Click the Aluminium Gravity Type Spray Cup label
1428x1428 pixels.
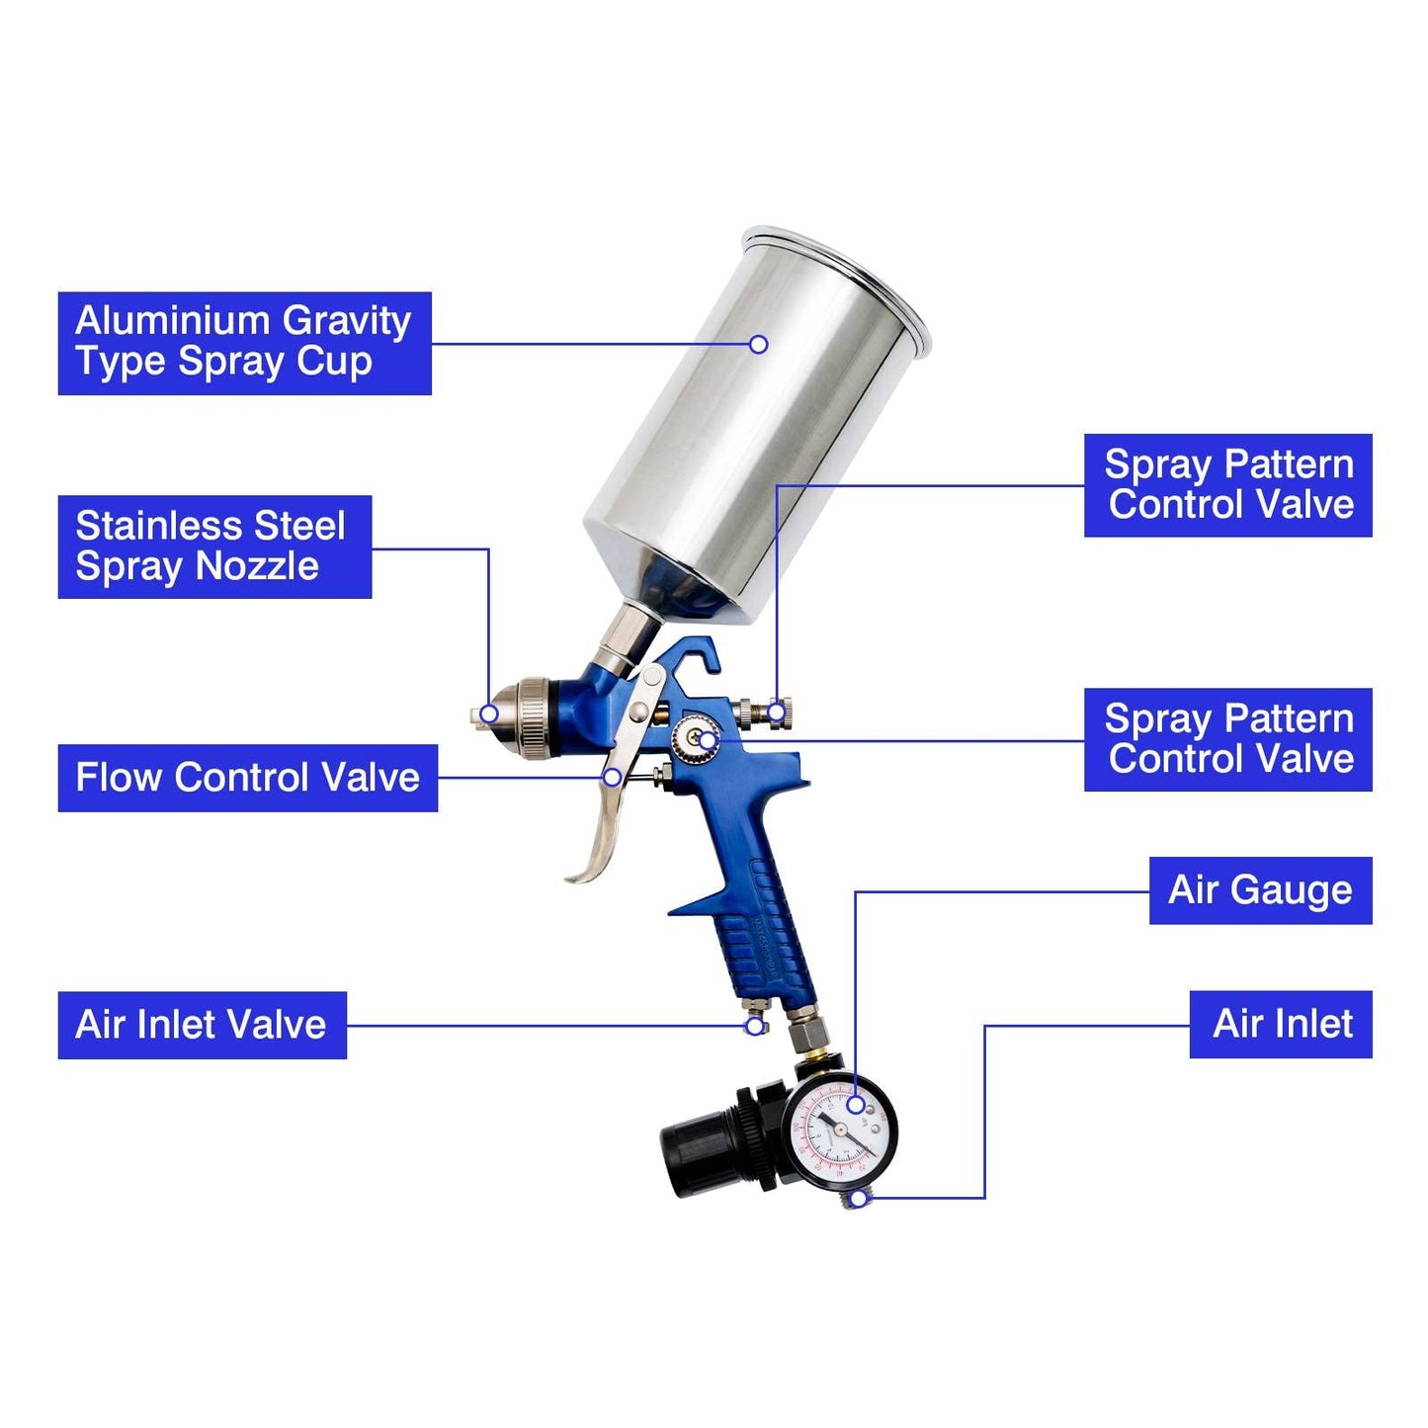click(x=244, y=343)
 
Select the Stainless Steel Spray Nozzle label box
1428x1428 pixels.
click(x=214, y=546)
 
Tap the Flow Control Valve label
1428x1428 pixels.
click(x=247, y=778)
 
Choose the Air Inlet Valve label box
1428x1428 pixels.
click(x=202, y=1025)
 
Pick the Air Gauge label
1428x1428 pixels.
click(x=1260, y=890)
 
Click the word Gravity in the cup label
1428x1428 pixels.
click(x=346, y=321)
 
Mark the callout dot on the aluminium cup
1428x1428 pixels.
click(x=758, y=344)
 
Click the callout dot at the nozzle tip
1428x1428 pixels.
click(x=488, y=714)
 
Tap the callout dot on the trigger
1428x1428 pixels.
click(x=613, y=778)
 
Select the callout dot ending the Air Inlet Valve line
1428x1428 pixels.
click(x=754, y=1026)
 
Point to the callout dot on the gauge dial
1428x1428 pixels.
click(x=856, y=1105)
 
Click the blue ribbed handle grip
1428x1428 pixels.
click(x=766, y=934)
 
